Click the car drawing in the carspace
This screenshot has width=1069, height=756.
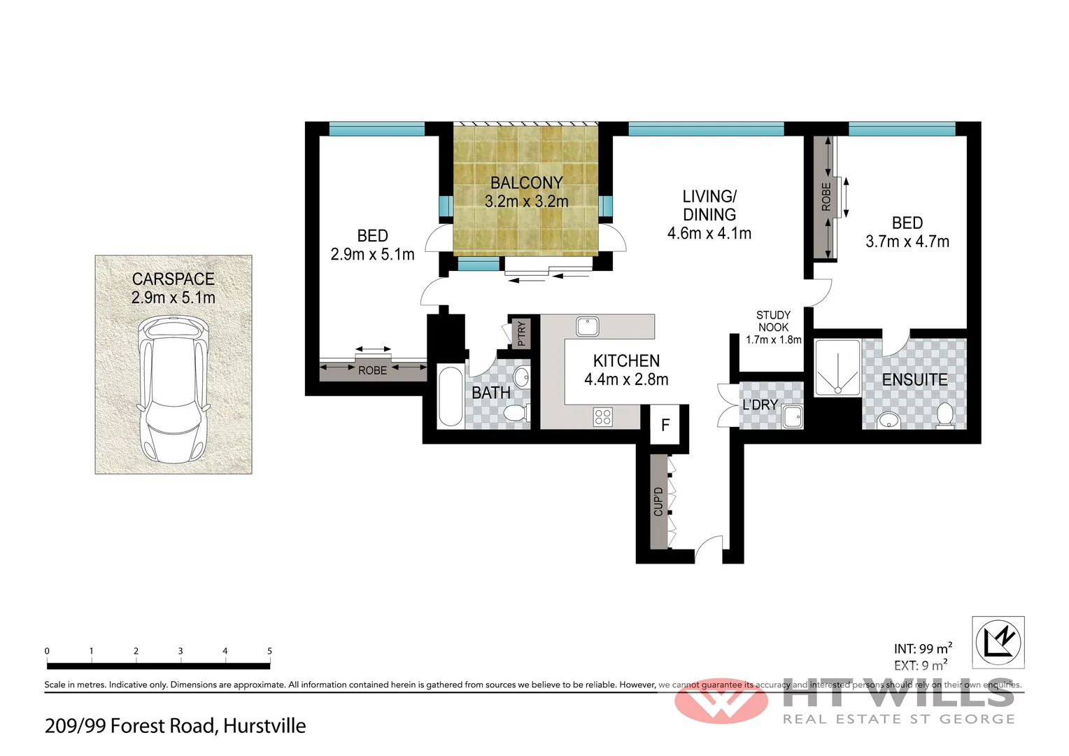click(174, 389)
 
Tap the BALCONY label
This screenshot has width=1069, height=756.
click(526, 183)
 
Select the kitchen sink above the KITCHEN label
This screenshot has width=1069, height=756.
click(587, 326)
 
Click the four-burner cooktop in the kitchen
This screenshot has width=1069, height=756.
click(603, 417)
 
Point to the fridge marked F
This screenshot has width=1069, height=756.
click(665, 425)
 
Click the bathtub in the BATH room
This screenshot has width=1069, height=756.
click(450, 396)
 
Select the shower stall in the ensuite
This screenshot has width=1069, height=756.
click(837, 367)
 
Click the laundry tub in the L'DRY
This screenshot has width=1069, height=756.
click(793, 416)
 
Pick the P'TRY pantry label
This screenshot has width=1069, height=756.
click(521, 333)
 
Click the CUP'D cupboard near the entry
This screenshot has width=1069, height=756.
click(658, 501)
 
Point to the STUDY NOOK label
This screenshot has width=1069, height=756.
click(773, 321)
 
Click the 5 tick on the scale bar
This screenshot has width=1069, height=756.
click(269, 651)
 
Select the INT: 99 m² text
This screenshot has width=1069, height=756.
click(922, 649)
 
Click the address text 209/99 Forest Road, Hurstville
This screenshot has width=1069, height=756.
click(175, 726)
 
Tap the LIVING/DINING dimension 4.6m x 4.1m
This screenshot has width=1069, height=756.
click(709, 234)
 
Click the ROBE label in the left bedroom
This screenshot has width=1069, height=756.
click(372, 370)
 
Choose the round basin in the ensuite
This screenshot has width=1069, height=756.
click(889, 420)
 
